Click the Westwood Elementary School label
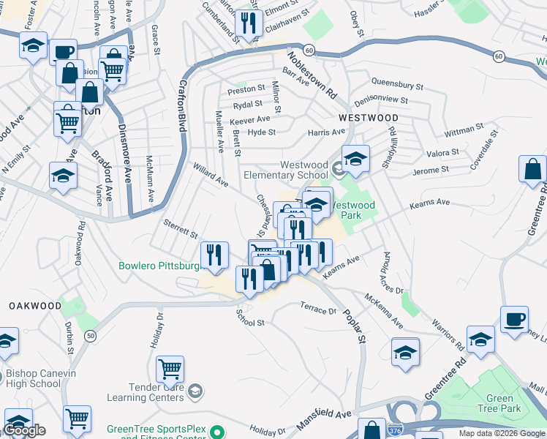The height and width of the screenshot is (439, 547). coord(285,170)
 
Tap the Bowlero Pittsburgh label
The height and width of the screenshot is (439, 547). coord(160,266)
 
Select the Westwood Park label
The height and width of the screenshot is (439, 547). coord(352,211)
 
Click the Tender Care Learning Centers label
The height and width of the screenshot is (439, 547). coord(146,392)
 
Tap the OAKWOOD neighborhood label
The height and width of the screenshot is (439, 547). coord(35,305)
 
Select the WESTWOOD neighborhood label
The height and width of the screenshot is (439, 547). coord(368,118)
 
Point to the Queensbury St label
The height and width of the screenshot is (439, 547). coord(398,85)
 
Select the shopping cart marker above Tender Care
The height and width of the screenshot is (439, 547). coord(170,368)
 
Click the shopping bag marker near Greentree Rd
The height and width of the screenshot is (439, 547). coord(532,168)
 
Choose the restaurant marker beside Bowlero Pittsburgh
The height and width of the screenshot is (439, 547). coord(214,254)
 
